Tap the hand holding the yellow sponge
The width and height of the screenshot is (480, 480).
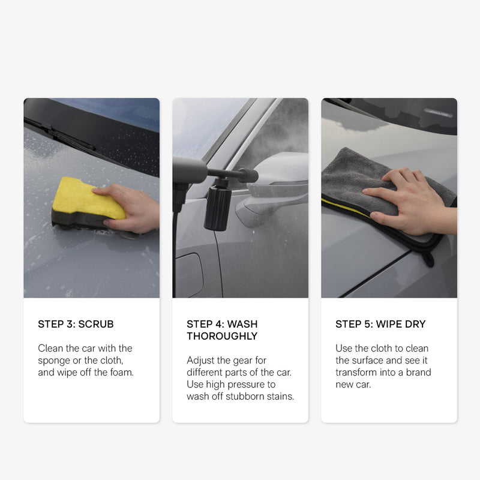131,208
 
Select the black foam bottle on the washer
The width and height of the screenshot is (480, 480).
217,205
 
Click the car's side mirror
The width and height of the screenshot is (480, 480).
272,187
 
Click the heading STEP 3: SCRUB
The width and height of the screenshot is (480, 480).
76,324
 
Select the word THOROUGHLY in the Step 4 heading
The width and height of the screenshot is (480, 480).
222,336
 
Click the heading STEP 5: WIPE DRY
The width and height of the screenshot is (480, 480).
380,324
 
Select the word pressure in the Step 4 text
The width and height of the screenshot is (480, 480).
247,385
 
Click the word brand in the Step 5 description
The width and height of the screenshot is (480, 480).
418,372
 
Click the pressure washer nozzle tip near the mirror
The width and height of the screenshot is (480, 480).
251,175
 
